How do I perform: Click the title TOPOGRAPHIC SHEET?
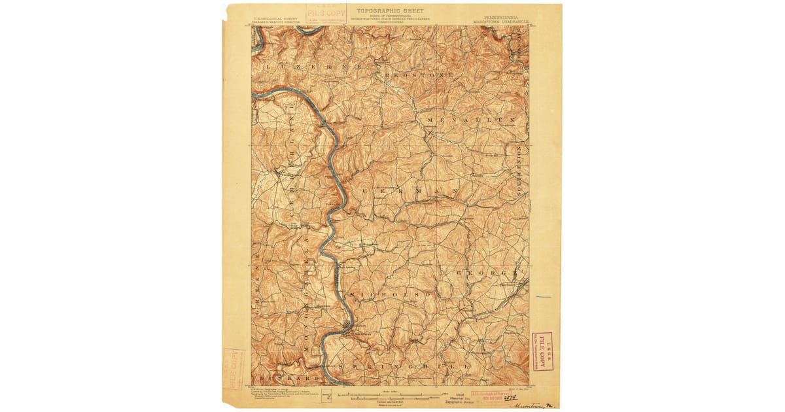pos(390,11)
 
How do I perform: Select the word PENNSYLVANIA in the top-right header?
pos(498,11)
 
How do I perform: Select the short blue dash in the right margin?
pos(544,298)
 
